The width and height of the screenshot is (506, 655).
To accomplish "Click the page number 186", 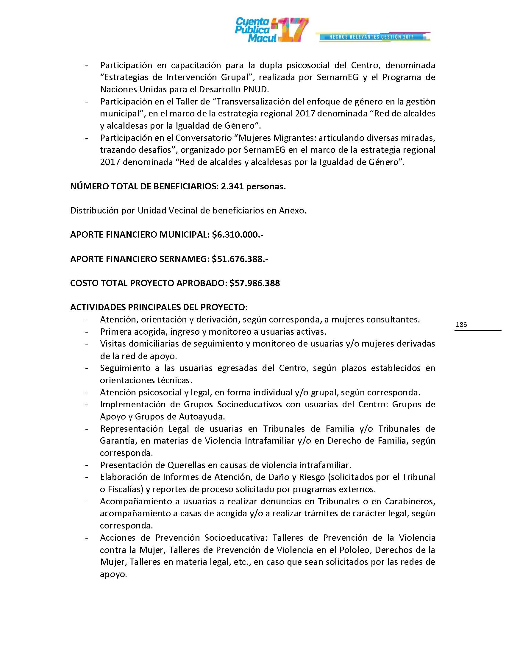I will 461,325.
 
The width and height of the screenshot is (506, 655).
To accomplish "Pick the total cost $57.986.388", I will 254,283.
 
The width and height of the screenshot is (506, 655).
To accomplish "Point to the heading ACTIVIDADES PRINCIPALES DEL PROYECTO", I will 159,308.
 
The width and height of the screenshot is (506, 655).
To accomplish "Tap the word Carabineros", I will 410,501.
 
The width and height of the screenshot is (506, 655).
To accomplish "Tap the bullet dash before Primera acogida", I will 87,332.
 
